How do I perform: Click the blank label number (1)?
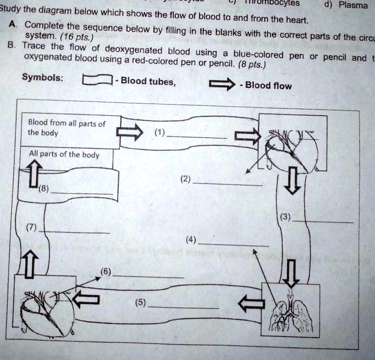point(198,137)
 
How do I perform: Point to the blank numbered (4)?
point(235,244)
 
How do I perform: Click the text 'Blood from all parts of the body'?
point(67,128)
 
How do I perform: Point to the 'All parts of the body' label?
point(64,154)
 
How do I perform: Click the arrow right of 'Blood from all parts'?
point(130,132)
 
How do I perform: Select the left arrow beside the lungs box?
point(251,303)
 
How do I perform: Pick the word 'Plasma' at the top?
point(353,5)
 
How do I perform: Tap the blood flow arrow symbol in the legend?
point(222,85)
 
